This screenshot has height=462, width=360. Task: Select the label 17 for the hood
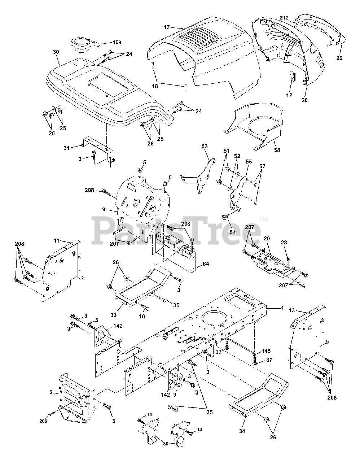click(x=166, y=27)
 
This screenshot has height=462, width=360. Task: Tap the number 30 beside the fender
click(x=56, y=52)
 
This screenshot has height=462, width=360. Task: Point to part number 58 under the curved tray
click(x=277, y=149)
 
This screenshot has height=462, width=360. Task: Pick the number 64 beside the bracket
click(x=206, y=264)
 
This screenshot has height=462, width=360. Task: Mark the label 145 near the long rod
click(x=266, y=351)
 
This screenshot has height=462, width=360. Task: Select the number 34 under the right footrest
click(x=242, y=431)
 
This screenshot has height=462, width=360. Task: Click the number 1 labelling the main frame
click(x=282, y=308)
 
